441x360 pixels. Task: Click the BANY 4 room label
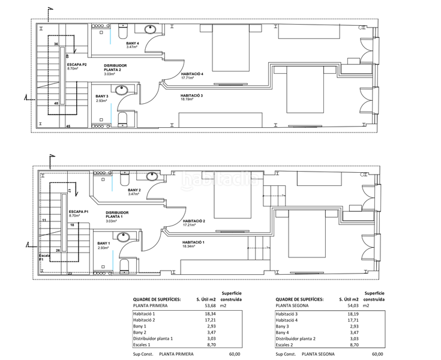point(133,43)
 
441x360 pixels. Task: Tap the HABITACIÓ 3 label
point(192,96)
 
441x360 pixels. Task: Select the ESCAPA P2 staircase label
point(77,64)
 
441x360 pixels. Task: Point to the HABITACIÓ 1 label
point(193,242)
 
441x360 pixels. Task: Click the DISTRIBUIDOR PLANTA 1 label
point(117,215)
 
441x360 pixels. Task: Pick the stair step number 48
point(56,103)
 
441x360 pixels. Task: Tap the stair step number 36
point(56,44)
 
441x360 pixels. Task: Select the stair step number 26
point(58,250)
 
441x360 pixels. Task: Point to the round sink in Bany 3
point(122,91)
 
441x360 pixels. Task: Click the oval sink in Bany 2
point(151,176)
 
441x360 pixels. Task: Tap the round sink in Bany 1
point(123,237)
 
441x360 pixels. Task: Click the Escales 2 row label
point(286,344)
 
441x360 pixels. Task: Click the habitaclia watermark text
point(220,179)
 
